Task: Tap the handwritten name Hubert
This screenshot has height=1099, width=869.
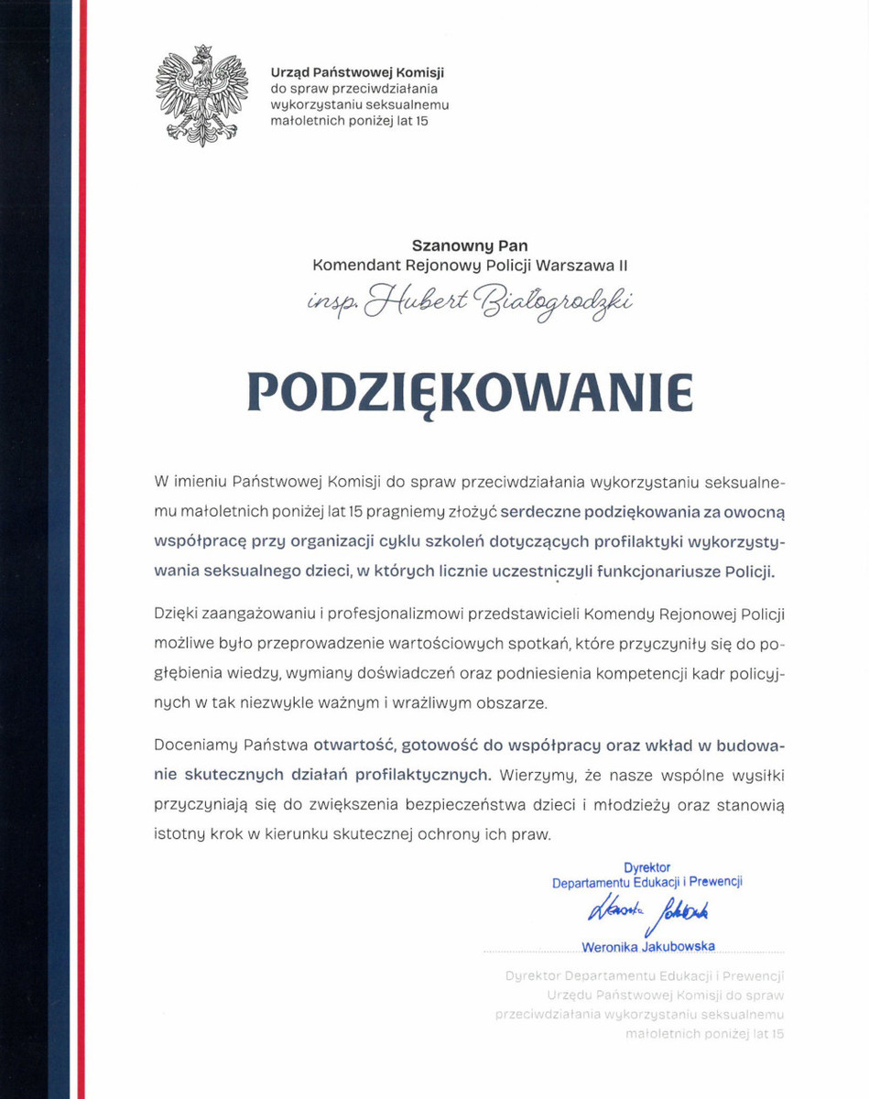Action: [400, 302]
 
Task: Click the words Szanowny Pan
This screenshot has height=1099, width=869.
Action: [470, 245]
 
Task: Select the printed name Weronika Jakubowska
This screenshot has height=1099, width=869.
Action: [647, 946]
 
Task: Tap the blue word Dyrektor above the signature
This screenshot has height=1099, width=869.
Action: [646, 866]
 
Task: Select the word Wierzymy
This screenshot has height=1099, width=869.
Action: [537, 774]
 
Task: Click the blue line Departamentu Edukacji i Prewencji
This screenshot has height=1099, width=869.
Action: [646, 883]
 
